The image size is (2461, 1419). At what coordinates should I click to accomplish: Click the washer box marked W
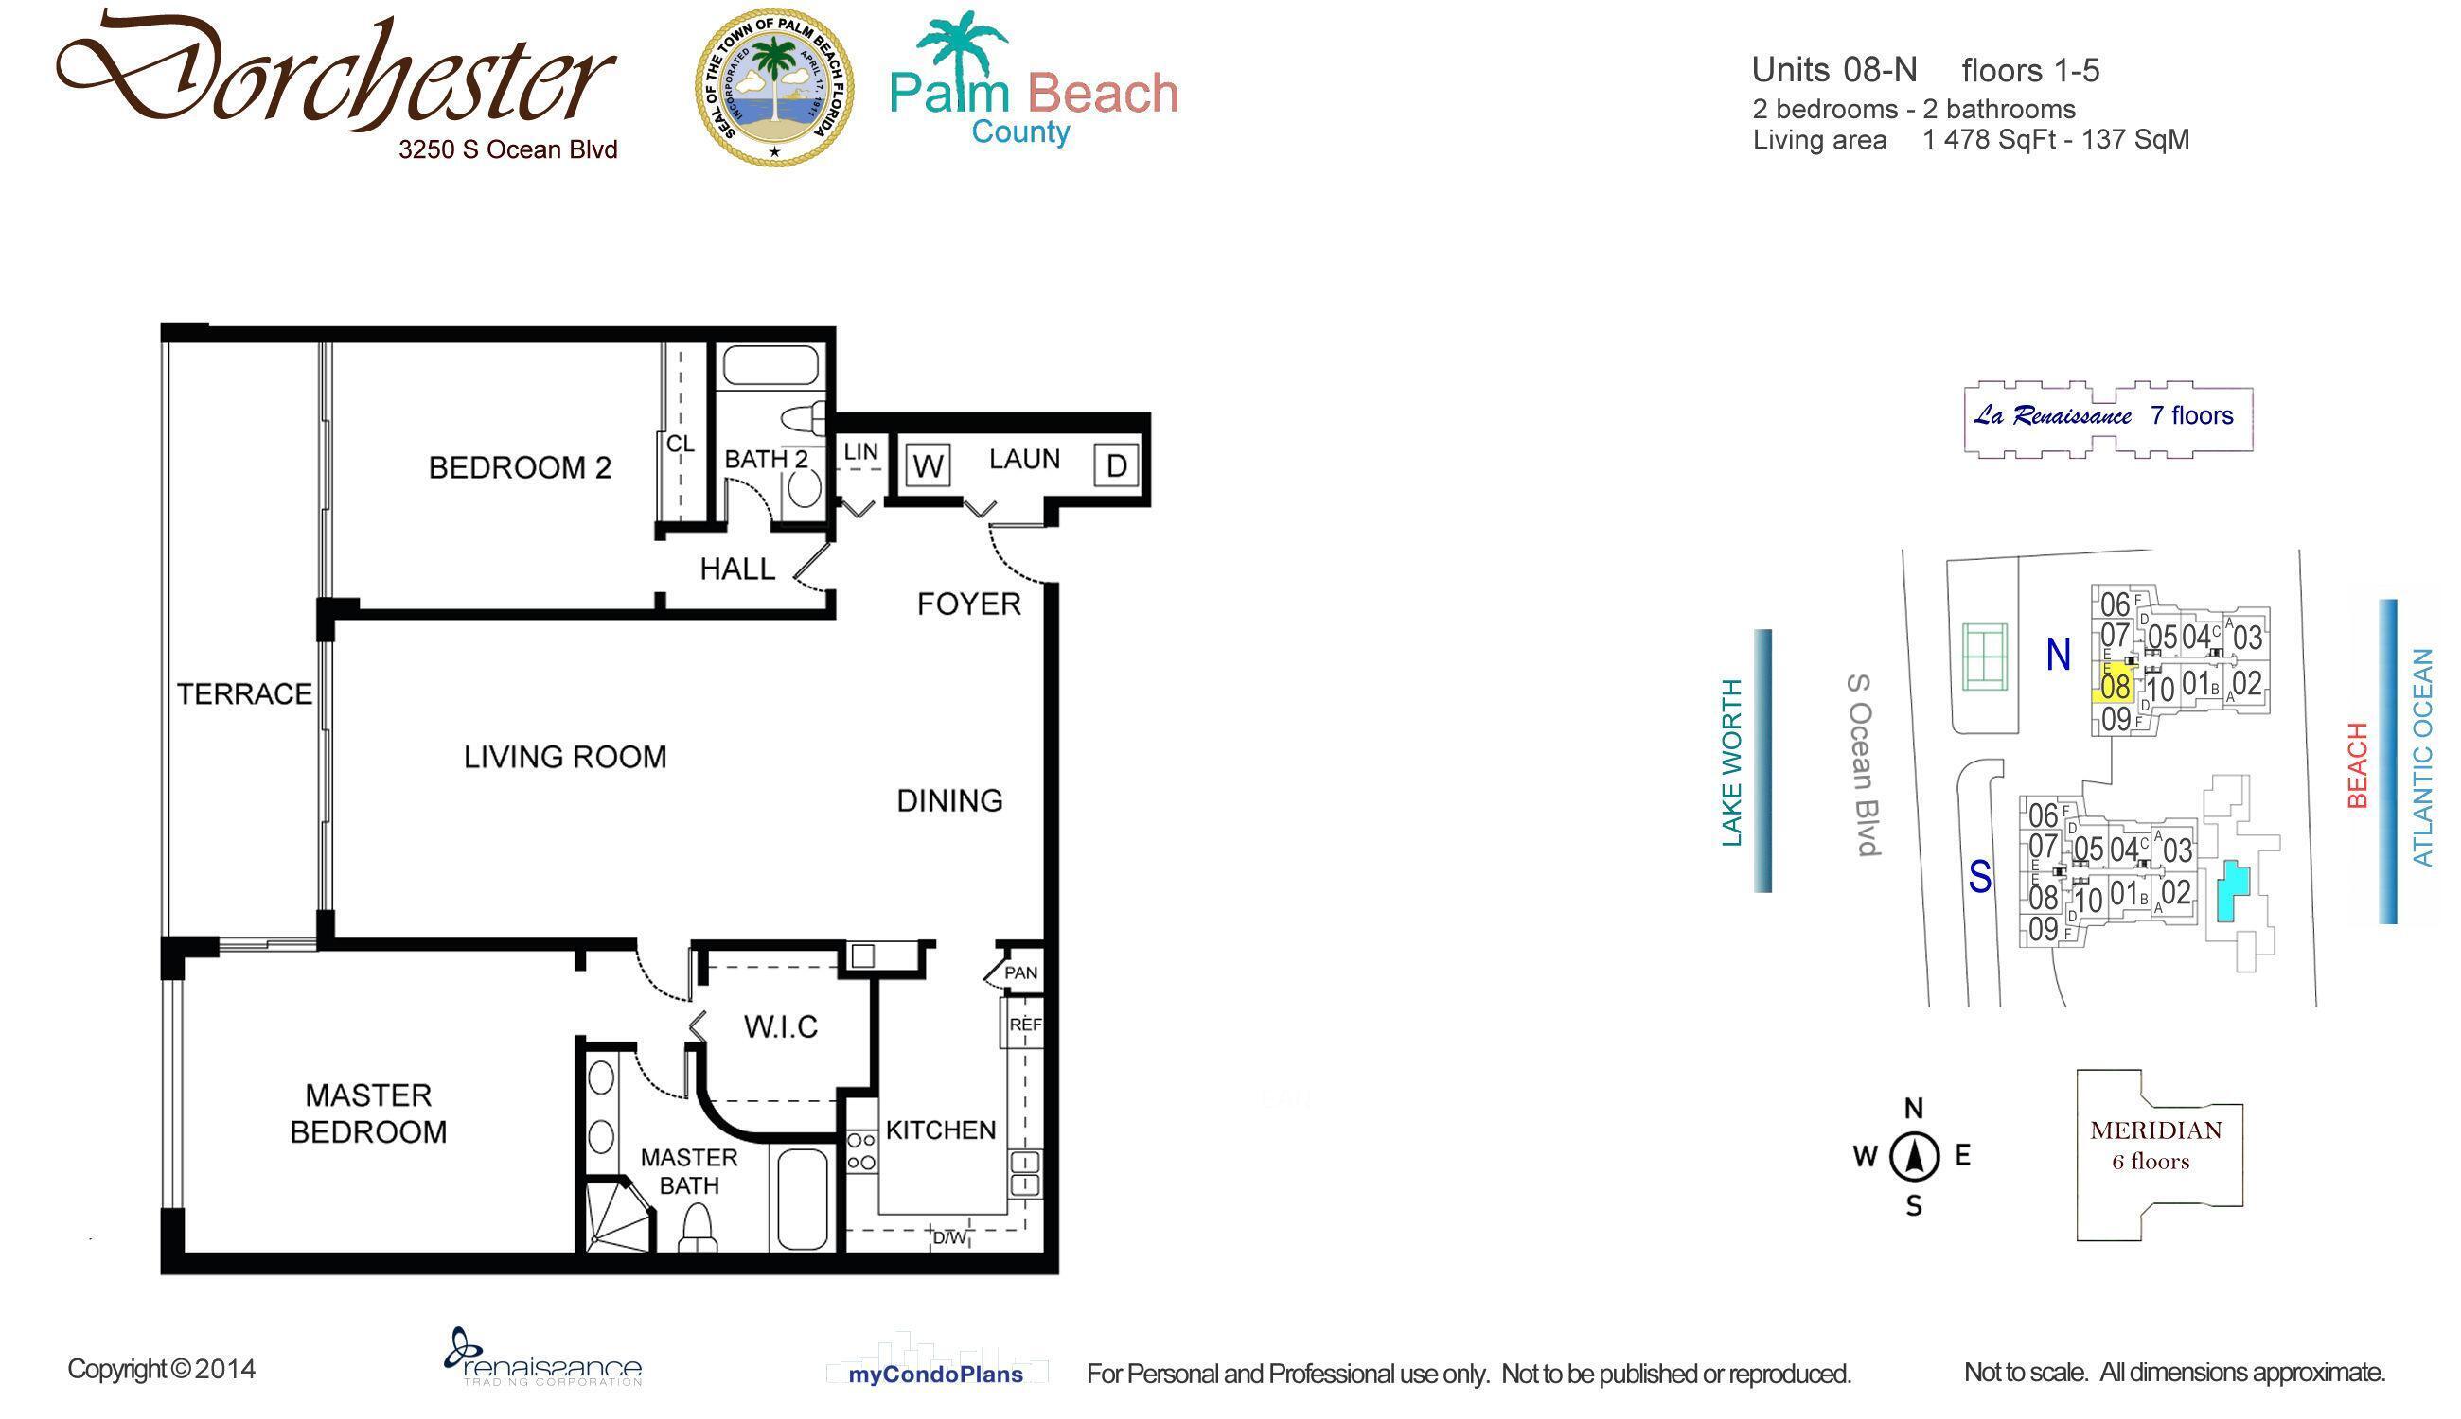(928, 465)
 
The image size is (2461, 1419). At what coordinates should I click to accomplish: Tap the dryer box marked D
(1116, 465)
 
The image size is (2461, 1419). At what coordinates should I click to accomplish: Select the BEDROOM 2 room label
(520, 468)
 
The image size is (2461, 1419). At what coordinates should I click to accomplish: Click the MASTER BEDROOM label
(368, 1113)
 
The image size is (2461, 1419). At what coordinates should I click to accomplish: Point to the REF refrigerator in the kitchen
(1025, 1025)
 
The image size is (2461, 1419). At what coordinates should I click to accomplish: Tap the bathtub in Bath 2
(770, 367)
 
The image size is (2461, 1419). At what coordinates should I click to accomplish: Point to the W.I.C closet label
(780, 1026)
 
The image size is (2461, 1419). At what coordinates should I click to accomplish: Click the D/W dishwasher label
(949, 1237)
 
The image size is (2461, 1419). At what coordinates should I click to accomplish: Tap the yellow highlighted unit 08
(2114, 685)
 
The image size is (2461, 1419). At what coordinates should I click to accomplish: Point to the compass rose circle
(1914, 1157)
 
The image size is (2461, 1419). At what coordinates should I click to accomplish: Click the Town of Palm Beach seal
(774, 88)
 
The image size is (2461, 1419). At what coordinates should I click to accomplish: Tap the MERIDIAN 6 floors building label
(2156, 1144)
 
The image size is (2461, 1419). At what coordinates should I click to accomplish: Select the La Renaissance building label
(2106, 416)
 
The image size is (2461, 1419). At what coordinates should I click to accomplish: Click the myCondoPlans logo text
(935, 1375)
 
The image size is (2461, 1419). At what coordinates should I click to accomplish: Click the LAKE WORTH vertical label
(1731, 762)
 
